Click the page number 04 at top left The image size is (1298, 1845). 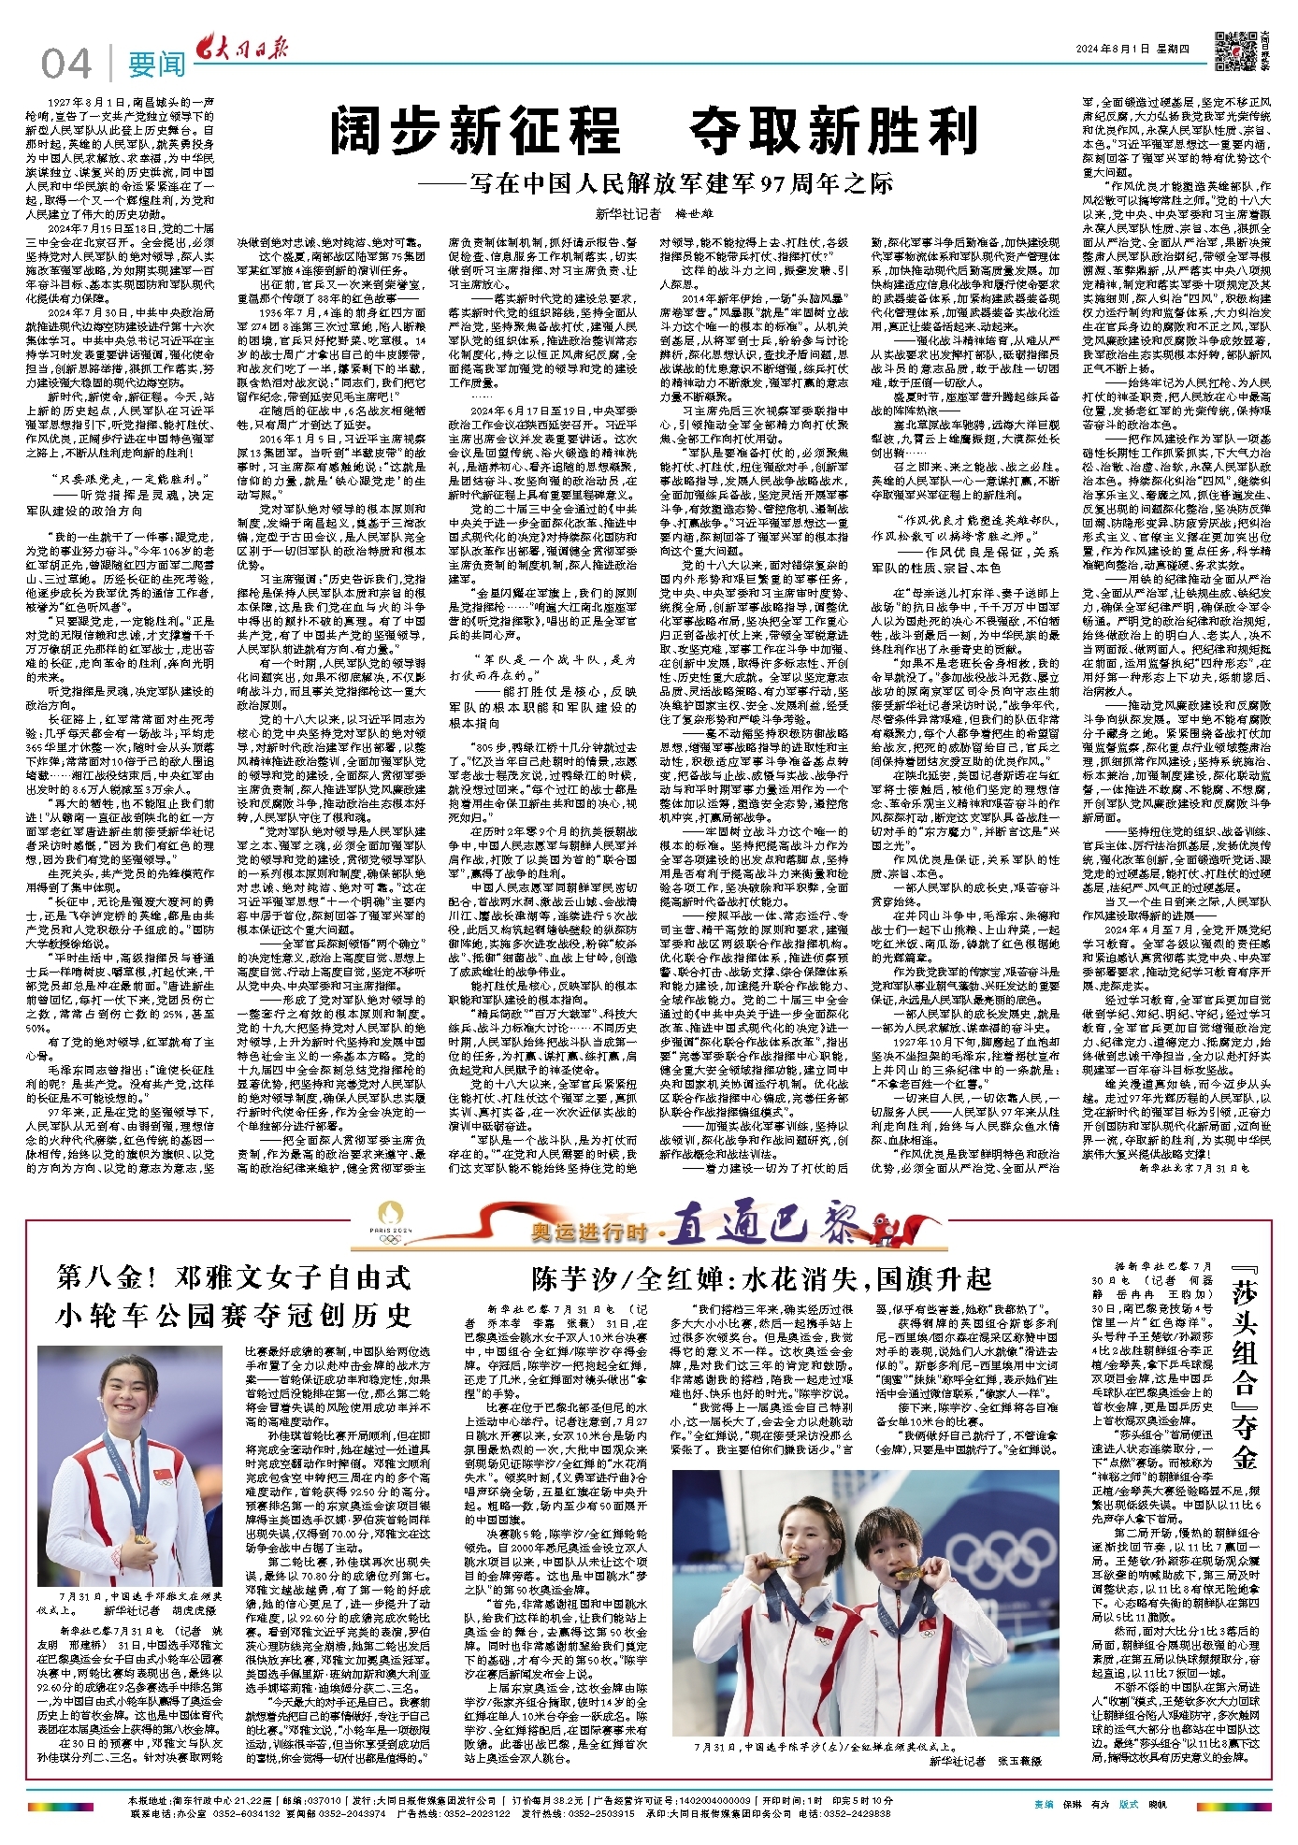pos(66,64)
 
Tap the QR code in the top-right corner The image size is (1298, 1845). pos(1234,50)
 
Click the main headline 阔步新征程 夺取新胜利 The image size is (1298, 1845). pos(655,130)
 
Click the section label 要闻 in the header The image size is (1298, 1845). pos(156,64)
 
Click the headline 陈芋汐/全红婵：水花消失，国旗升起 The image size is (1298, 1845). pos(761,1278)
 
